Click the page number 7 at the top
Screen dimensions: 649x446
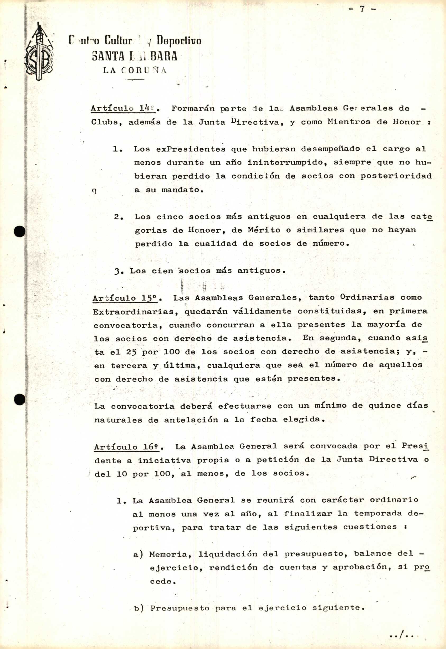tap(362, 9)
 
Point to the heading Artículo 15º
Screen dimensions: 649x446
tap(125, 298)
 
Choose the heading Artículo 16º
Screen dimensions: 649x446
tap(127, 447)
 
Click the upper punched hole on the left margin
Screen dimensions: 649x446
tap(20, 231)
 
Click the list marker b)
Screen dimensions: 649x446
tap(139, 608)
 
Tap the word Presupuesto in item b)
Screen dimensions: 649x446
tap(180, 608)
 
